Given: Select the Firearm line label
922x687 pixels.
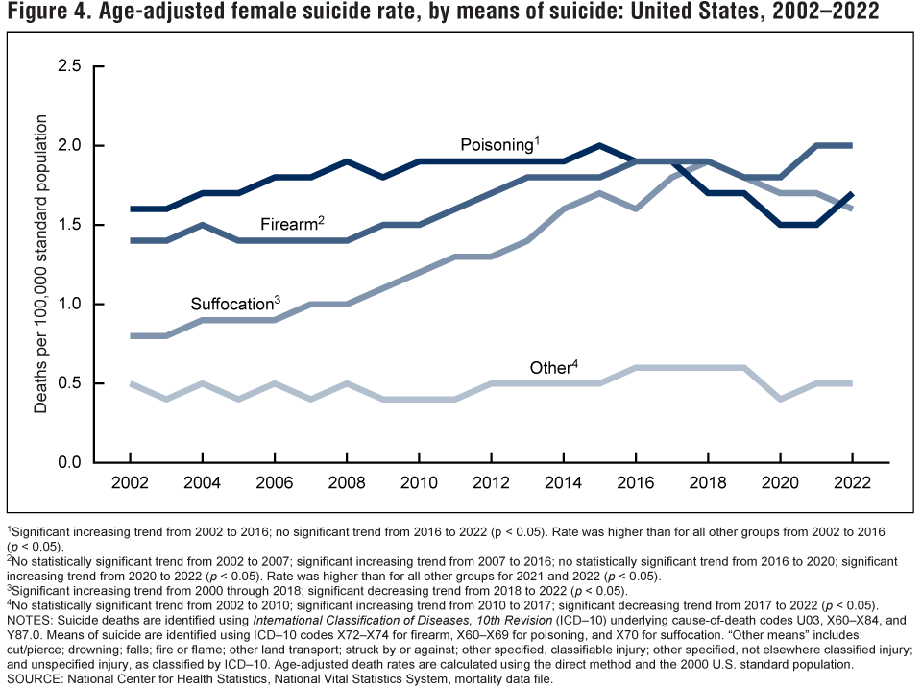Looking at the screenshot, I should pyautogui.click(x=291, y=224).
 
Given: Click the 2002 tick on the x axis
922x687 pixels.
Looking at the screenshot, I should pyautogui.click(x=130, y=480).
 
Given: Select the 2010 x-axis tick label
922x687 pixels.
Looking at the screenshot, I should pyautogui.click(x=418, y=480).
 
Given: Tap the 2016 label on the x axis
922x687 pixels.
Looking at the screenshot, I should pyautogui.click(x=635, y=480).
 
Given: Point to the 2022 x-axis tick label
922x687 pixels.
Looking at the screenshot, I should pyautogui.click(x=851, y=480).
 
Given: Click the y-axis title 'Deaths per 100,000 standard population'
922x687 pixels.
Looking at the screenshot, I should pyautogui.click(x=40, y=264).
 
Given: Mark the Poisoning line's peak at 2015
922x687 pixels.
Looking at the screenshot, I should pyautogui.click(x=598, y=146).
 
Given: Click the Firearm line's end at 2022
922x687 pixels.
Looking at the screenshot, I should pyautogui.click(x=851, y=146).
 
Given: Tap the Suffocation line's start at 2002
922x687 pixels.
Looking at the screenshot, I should pyautogui.click(x=130, y=335).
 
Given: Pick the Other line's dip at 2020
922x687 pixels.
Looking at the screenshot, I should pyautogui.click(x=779, y=399).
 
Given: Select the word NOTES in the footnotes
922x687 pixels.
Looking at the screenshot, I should pyautogui.click(x=32, y=620).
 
